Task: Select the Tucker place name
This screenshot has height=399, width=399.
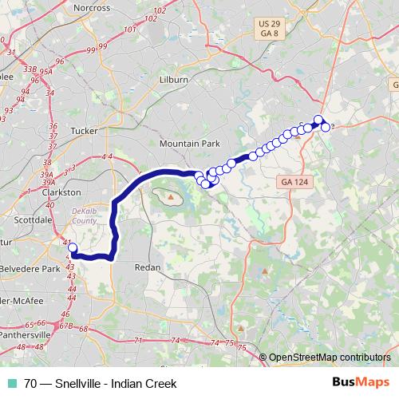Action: (x=84, y=129)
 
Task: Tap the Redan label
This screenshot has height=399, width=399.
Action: (x=148, y=267)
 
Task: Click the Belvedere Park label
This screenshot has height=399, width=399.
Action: (x=30, y=269)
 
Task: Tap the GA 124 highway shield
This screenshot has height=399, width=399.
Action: (x=292, y=183)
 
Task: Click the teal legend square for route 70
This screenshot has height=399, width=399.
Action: (x=11, y=383)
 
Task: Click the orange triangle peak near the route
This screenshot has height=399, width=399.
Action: (x=170, y=195)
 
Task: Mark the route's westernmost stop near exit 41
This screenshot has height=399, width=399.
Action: (x=72, y=248)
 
